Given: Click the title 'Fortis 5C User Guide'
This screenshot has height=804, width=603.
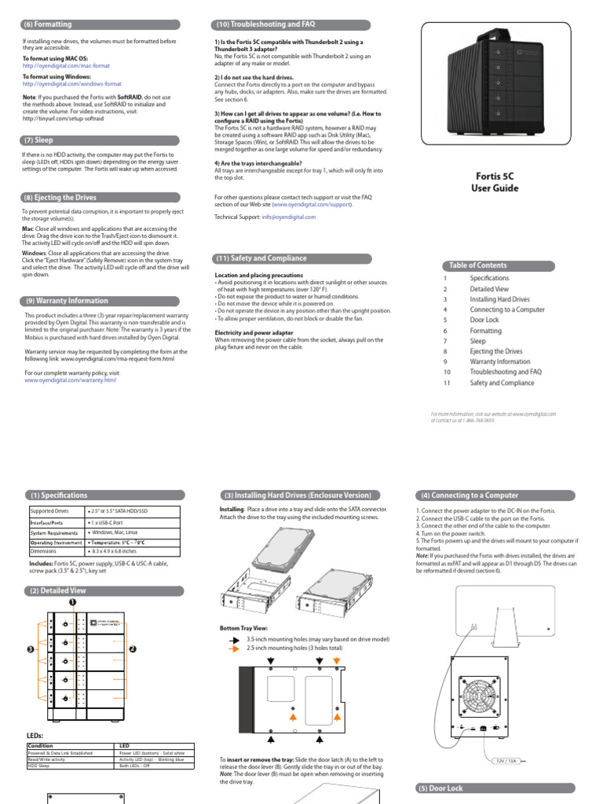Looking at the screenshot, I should [495, 183].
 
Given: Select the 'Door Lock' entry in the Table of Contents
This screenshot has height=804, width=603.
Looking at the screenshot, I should [484, 320].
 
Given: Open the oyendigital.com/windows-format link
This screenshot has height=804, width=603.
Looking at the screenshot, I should [72, 83].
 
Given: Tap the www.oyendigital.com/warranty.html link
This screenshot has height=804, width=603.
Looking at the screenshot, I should [70, 380].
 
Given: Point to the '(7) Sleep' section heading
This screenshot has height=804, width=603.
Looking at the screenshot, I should [38, 141].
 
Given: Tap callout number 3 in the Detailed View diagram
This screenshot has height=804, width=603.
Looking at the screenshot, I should [29, 649].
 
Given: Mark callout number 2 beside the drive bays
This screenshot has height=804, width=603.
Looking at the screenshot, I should [133, 649].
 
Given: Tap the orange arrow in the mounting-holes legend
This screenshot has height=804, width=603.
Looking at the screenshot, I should [234, 649].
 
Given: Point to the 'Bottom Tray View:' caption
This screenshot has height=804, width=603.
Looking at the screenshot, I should [244, 627].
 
